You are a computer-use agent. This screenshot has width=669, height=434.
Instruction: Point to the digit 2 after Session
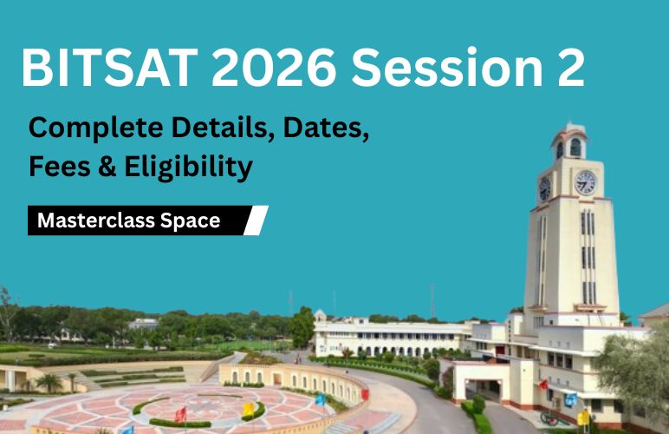568,69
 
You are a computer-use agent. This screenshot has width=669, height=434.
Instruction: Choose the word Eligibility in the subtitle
191,167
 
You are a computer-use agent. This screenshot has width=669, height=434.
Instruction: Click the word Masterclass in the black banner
96,220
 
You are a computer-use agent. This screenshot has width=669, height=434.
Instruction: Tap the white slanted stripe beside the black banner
256,220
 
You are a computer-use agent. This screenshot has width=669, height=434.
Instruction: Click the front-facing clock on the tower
585,182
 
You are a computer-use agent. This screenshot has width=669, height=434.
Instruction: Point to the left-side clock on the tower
545,187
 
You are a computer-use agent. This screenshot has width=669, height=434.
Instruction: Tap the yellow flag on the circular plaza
249,409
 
